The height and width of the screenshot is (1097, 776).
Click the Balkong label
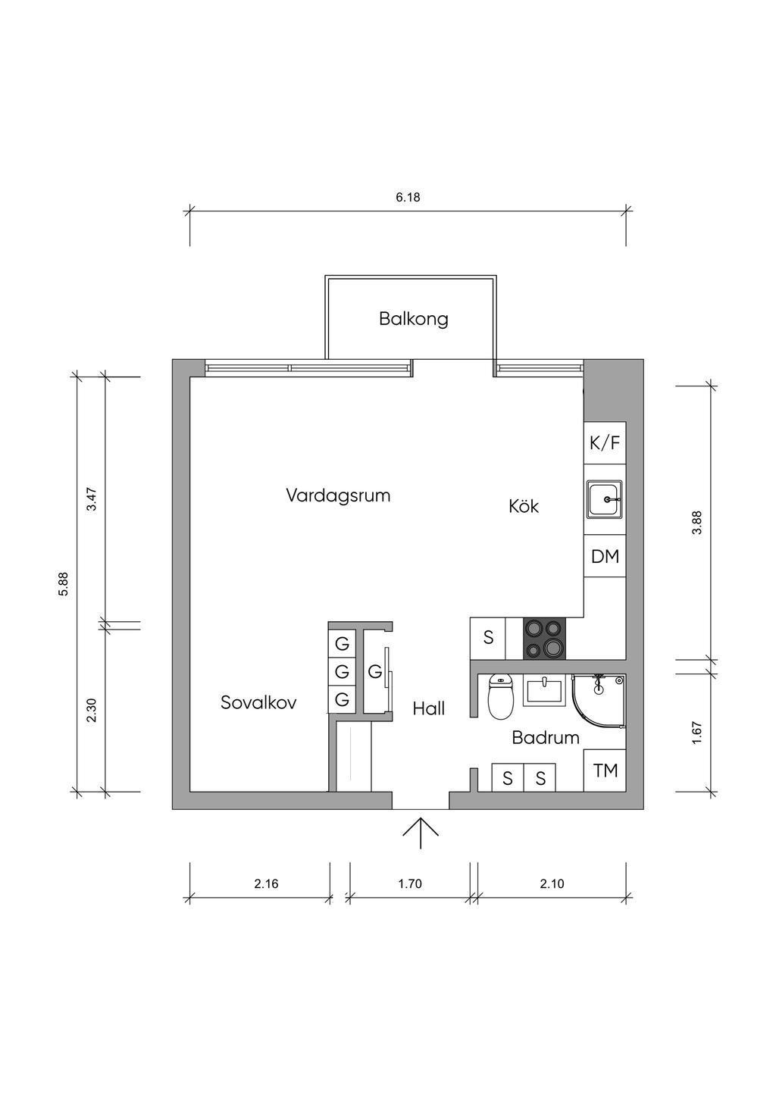coord(413,319)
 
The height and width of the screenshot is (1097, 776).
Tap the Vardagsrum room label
coord(338,495)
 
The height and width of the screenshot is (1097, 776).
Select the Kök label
coord(524,506)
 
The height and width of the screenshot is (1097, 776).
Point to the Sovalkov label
coord(258,702)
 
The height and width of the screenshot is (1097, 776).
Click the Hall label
coord(429,709)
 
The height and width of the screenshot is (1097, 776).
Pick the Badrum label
coord(546,737)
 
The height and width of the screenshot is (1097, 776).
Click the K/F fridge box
coord(605,442)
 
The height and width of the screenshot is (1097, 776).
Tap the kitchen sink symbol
coord(605,499)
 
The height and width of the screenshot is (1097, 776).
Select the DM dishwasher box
coord(605,557)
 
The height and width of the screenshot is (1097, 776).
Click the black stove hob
coord(545,638)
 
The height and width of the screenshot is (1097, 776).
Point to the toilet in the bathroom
coord(500,696)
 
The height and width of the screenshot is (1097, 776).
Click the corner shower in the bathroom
coord(599,702)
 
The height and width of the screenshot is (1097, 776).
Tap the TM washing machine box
coord(605,770)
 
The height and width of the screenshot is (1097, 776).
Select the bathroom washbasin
coord(543,692)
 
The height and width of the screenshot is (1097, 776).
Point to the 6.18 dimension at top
coord(408,198)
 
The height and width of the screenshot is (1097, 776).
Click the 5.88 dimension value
coord(64,583)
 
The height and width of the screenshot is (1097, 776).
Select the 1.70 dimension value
coord(409,883)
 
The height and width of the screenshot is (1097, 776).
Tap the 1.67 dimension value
coord(697,731)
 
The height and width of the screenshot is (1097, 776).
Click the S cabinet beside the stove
coord(488,638)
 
